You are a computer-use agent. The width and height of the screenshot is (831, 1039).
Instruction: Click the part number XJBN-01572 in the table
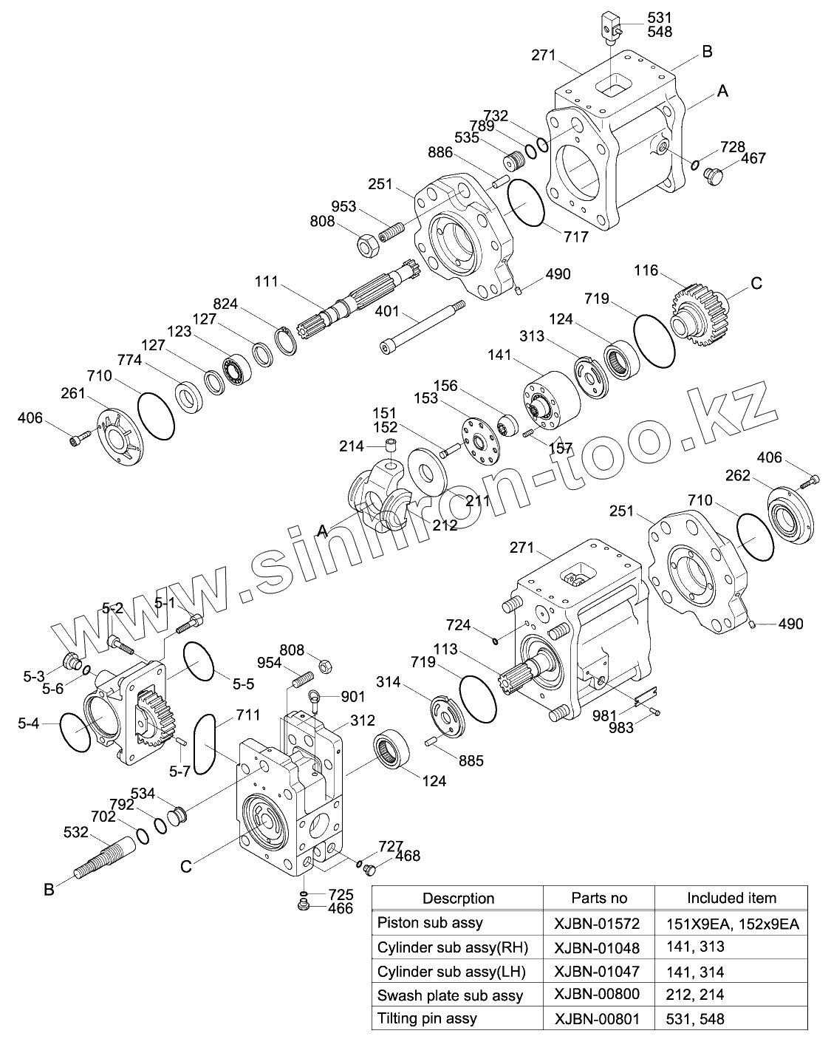pyautogui.click(x=598, y=923)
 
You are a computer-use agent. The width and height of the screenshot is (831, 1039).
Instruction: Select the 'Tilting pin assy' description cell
pyautogui.click(x=427, y=1018)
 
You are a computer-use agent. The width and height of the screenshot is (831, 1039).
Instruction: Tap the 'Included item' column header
pyautogui.click(x=731, y=898)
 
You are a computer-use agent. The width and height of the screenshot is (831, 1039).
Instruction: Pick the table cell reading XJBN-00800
pyautogui.click(x=598, y=995)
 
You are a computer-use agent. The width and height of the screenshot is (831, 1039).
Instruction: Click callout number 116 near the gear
pyautogui.click(x=646, y=270)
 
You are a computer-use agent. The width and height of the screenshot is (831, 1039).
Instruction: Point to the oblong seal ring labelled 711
pyautogui.click(x=204, y=743)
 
